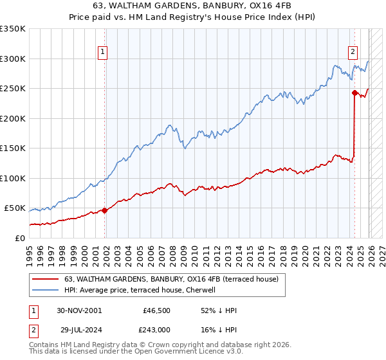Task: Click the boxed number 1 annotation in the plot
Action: point(103,53)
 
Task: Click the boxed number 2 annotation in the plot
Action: point(353,53)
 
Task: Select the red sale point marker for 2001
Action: point(105,210)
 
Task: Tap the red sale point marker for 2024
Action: point(354,93)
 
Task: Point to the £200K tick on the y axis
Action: point(13,118)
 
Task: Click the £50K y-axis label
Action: point(15,208)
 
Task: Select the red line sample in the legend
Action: point(46,279)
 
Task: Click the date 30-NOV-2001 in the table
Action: point(79,310)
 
